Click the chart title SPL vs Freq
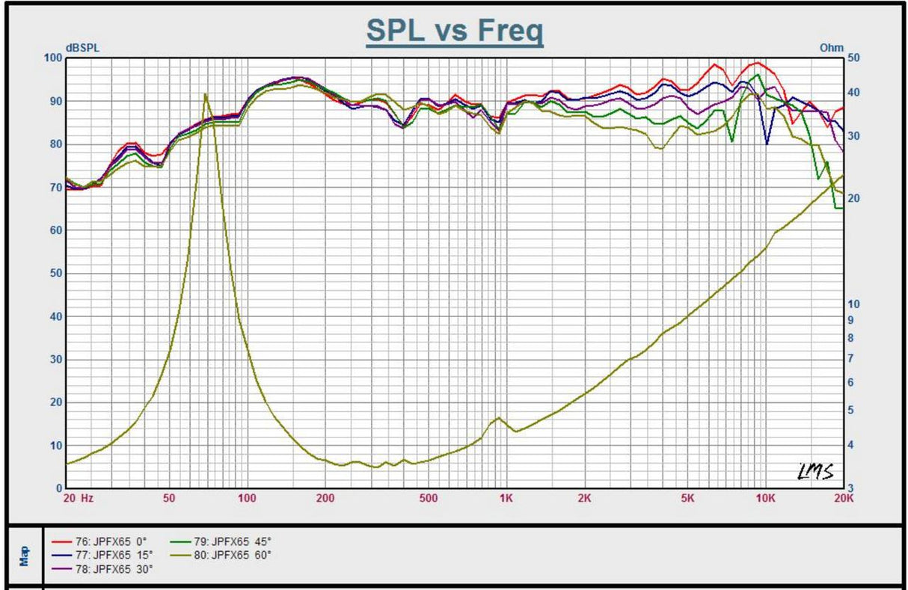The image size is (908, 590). [454, 31]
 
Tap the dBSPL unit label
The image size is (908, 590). [82, 48]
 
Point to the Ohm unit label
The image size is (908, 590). [831, 48]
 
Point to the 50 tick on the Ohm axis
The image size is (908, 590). [852, 58]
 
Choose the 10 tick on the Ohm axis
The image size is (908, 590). [852, 304]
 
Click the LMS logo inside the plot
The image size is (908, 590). [815, 472]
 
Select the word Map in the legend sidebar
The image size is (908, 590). [25, 557]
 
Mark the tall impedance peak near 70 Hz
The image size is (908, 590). [206, 95]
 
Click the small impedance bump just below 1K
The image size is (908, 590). [499, 418]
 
